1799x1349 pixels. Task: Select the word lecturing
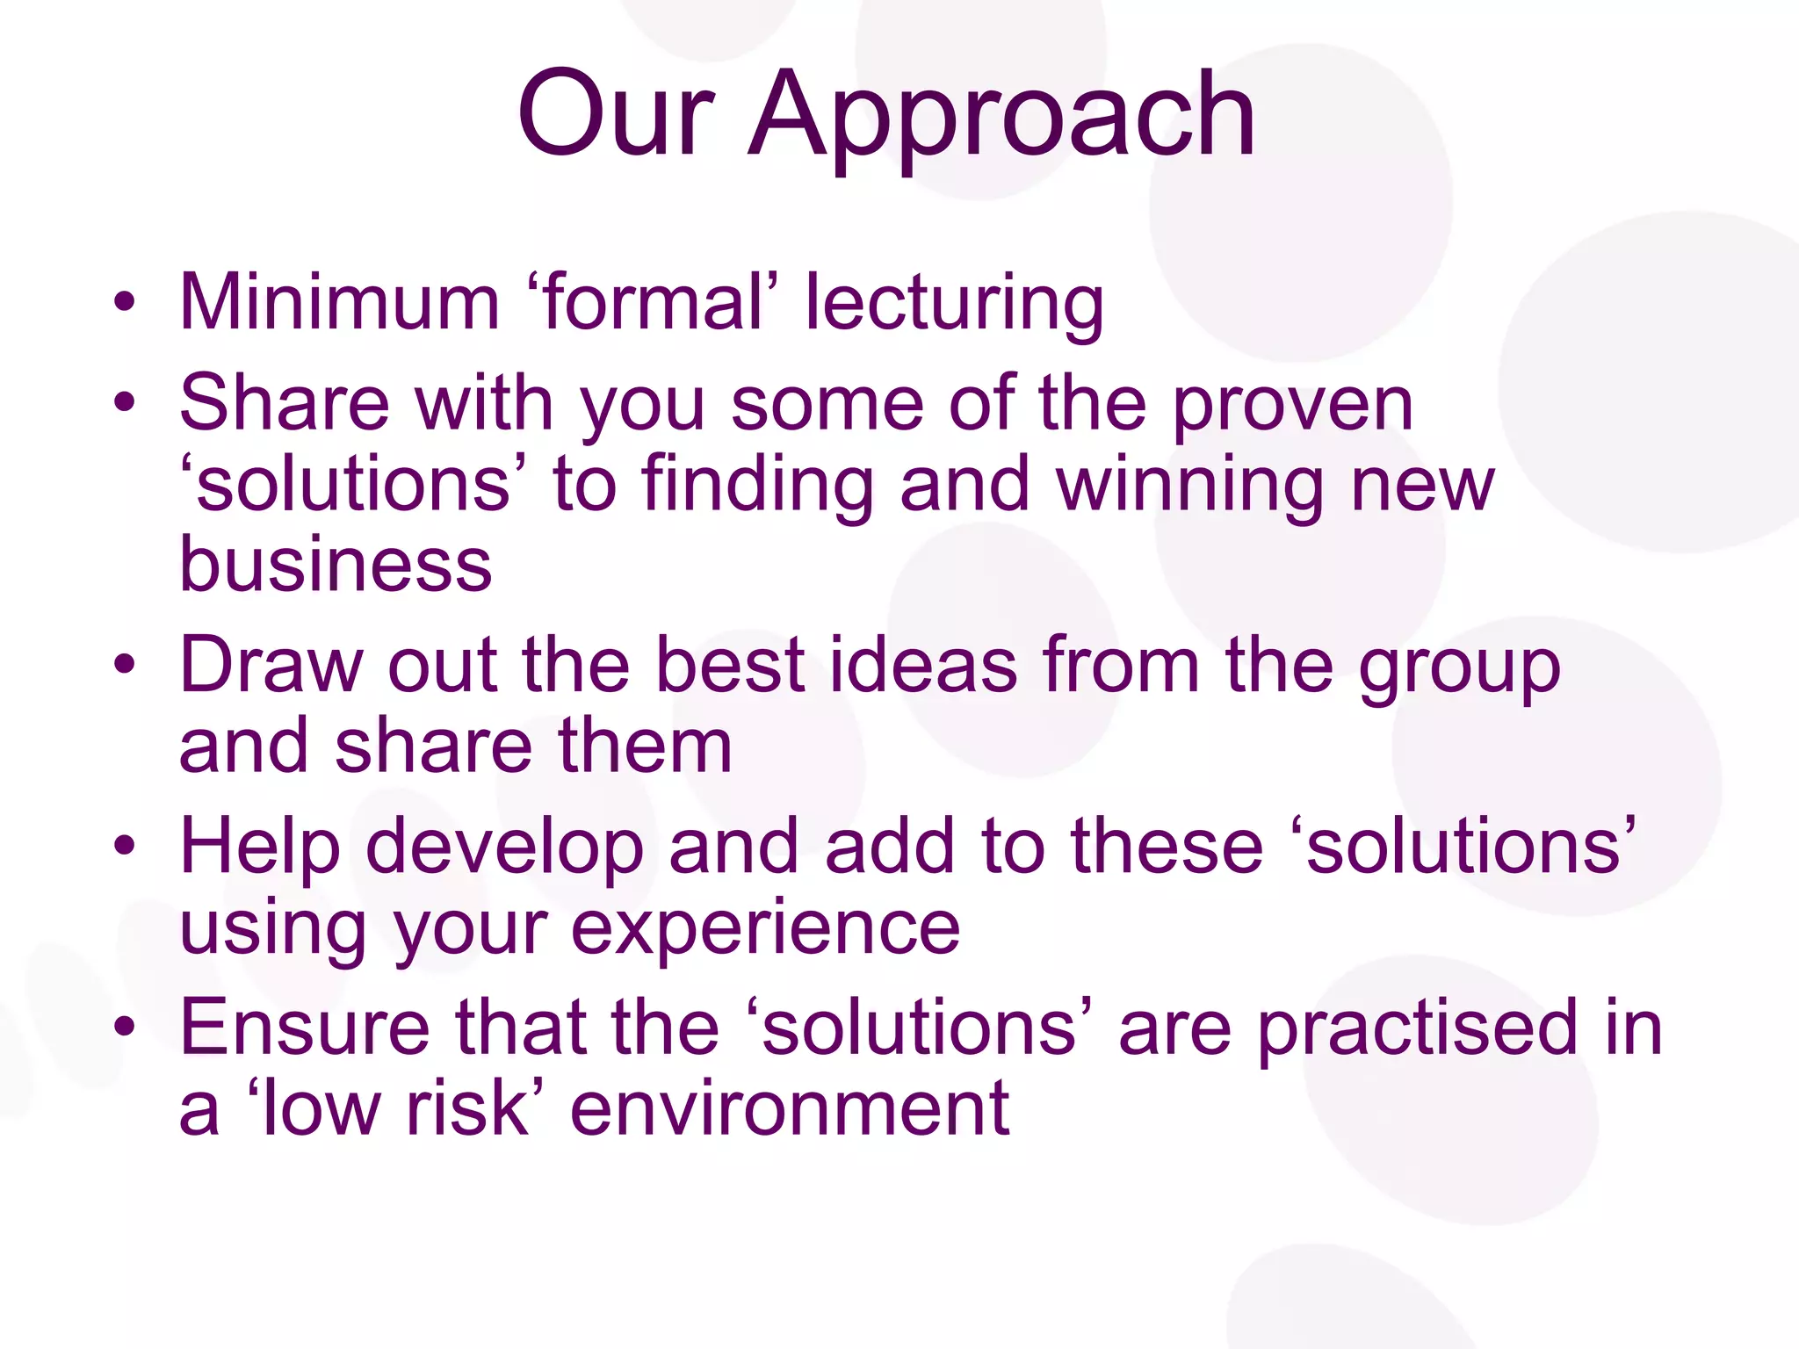coord(955,304)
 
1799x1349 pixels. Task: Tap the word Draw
coord(271,665)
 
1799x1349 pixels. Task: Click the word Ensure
coord(304,1027)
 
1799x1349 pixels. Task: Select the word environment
coord(790,1108)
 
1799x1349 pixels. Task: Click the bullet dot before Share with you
coord(125,403)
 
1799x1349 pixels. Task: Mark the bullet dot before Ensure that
coord(125,1026)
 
